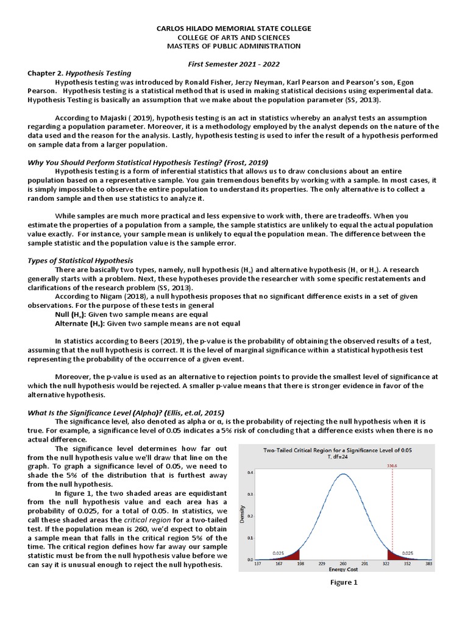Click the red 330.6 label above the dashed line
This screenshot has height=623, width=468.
tap(393, 466)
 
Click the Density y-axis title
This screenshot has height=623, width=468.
tap(243, 515)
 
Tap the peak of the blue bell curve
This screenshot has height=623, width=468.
tap(344, 473)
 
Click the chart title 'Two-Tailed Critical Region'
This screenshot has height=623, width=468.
tap(337, 451)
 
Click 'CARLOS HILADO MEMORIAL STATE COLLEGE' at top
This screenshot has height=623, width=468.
tap(234, 29)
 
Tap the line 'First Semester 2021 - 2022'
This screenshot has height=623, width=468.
tap(234, 64)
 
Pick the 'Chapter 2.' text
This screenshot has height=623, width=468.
tap(45, 73)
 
